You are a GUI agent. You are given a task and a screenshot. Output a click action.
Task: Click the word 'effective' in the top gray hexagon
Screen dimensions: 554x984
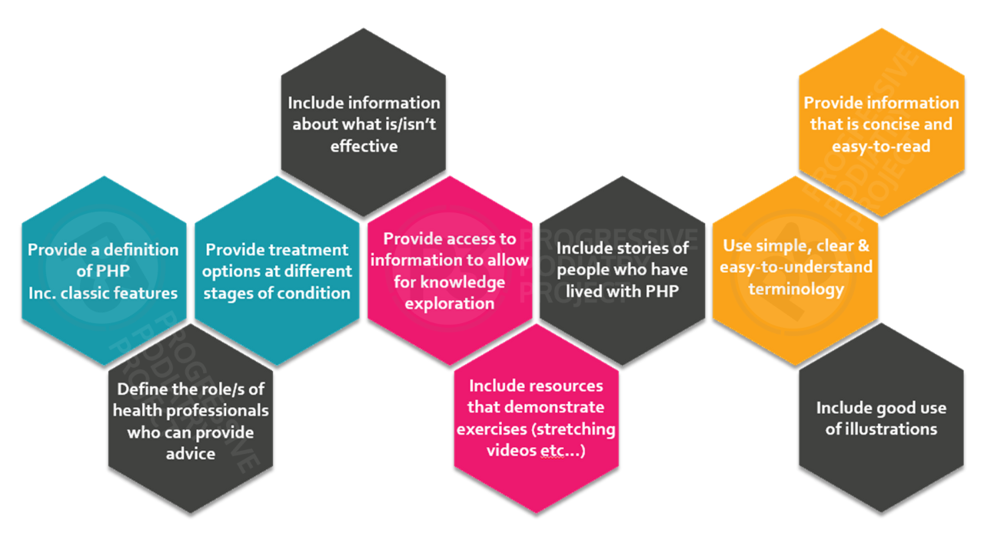364,146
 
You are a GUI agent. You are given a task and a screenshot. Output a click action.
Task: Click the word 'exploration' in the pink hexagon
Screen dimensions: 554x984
450,303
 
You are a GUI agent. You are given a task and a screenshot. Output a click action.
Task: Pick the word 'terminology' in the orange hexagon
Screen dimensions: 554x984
796,289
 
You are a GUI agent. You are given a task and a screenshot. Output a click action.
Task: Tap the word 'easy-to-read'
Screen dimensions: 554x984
881,146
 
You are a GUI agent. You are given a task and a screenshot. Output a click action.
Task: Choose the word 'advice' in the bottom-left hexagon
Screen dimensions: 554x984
191,454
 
